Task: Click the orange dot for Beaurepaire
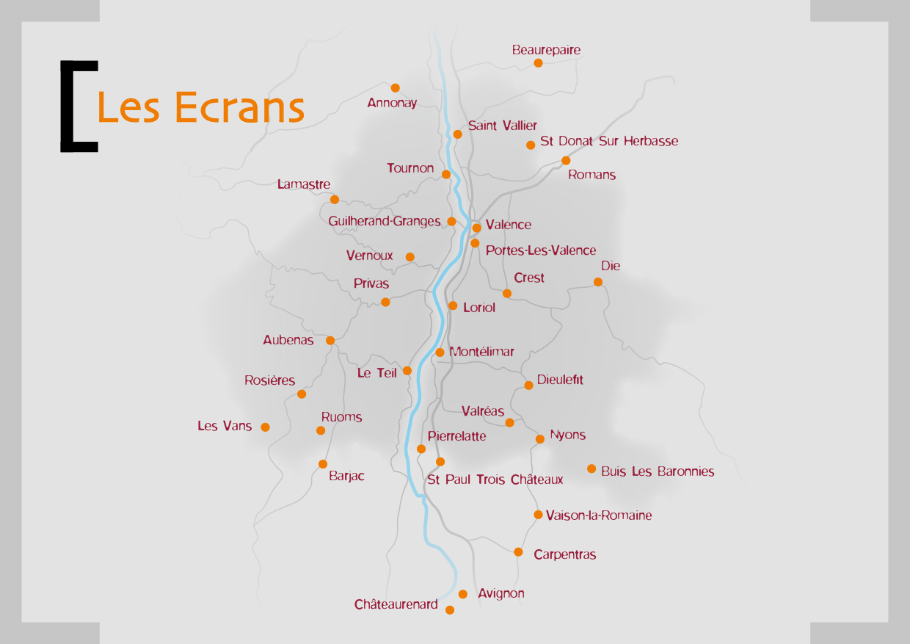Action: pyautogui.click(x=538, y=63)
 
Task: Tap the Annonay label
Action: pyautogui.click(x=392, y=103)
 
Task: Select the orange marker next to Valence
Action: pyautogui.click(x=476, y=228)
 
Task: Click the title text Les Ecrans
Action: pyautogui.click(x=200, y=108)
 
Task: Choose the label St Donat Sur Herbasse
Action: pyautogui.click(x=609, y=141)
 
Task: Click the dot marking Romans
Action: pyautogui.click(x=566, y=161)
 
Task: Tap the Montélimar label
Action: pyautogui.click(x=481, y=352)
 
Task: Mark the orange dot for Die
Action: pyautogui.click(x=598, y=282)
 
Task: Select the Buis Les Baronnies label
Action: pyautogui.click(x=658, y=471)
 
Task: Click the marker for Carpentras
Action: pyautogui.click(x=518, y=552)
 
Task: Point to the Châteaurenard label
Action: pyautogui.click(x=396, y=605)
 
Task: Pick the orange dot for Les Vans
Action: pyautogui.click(x=265, y=427)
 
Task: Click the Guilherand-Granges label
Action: pyautogui.click(x=385, y=221)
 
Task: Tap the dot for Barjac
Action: pyautogui.click(x=323, y=464)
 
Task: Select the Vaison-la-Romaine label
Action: pyautogui.click(x=599, y=515)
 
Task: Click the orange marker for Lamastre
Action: pyautogui.click(x=335, y=200)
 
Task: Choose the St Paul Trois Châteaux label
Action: pyautogui.click(x=495, y=480)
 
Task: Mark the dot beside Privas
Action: pyautogui.click(x=385, y=302)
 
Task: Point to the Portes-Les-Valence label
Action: pyautogui.click(x=541, y=250)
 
